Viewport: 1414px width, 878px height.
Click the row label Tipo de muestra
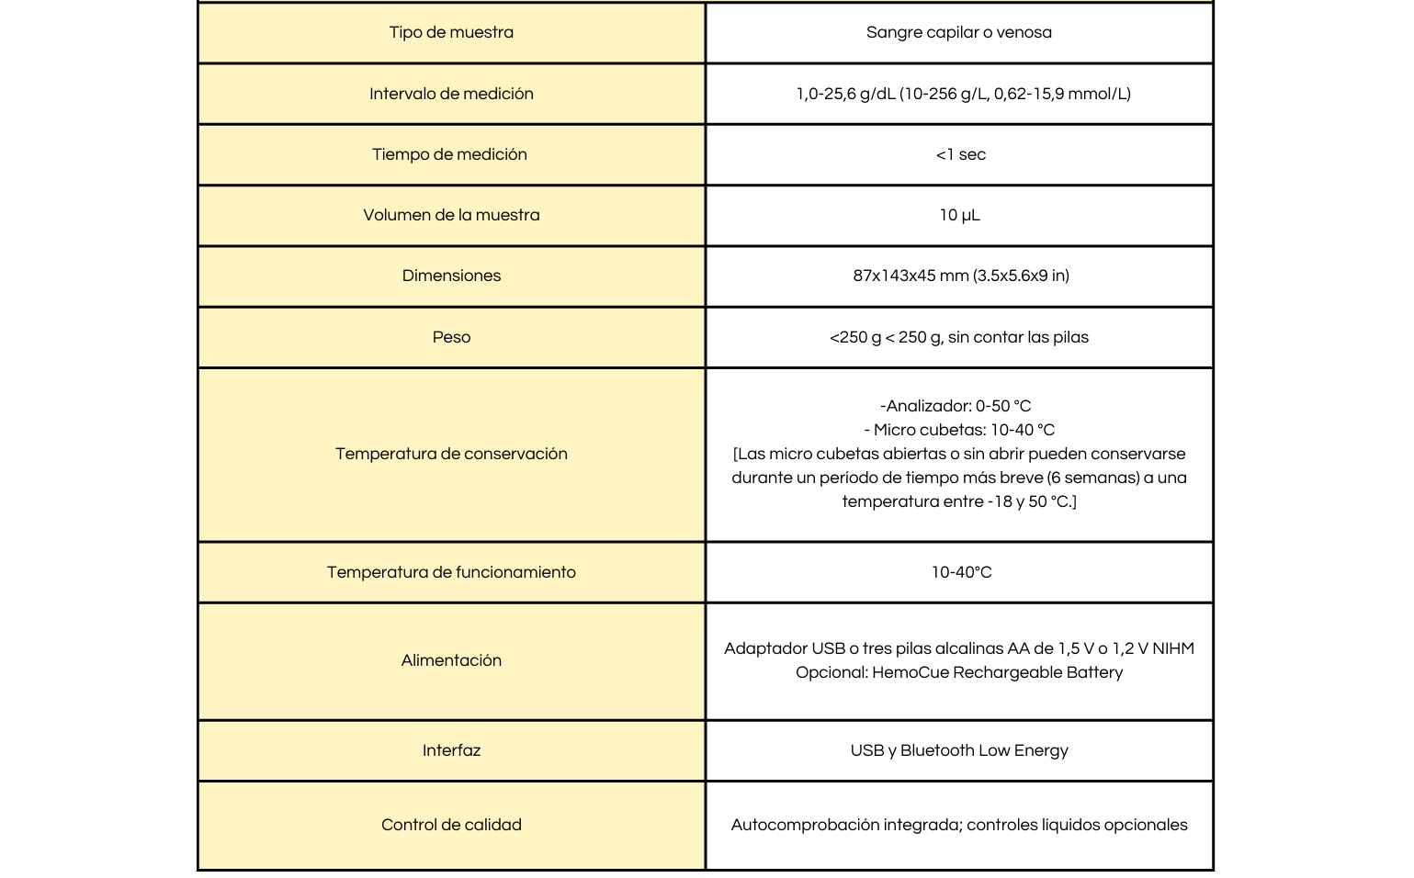(451, 32)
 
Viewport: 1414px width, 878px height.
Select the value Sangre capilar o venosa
(958, 32)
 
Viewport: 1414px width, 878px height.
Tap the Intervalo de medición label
(451, 94)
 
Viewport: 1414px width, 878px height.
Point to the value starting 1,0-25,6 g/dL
(963, 94)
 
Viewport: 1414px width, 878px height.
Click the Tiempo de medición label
(449, 154)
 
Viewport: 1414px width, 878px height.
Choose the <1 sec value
(960, 154)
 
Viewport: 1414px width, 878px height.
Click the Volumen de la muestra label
(451, 215)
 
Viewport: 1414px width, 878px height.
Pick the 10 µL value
(959, 215)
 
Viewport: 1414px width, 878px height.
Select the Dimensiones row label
(451, 276)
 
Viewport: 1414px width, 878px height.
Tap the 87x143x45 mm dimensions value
(960, 276)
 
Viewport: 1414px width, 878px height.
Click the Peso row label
(451, 337)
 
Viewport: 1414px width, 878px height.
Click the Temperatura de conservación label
(451, 454)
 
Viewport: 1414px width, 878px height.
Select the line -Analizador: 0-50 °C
(956, 406)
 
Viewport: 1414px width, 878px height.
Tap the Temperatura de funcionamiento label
(451, 572)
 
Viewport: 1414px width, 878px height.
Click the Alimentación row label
(451, 660)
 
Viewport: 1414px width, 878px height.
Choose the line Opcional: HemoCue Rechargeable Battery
(959, 672)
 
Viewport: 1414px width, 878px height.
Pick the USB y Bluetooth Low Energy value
(959, 750)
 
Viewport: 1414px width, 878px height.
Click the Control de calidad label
(451, 825)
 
